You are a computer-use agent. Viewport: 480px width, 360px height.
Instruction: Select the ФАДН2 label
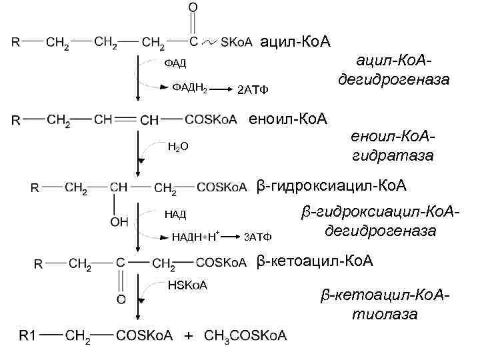pos(190,87)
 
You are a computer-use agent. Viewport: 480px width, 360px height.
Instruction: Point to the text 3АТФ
pos(258,237)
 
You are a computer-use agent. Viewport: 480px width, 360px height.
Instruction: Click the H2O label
pos(177,146)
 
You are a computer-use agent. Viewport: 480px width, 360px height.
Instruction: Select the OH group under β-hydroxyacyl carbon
pos(119,222)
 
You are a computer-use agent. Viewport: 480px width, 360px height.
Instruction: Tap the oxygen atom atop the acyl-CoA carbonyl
pos(193,7)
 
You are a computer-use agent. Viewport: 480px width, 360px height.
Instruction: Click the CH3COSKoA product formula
pos(246,335)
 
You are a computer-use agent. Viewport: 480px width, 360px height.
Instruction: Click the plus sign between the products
pos(189,335)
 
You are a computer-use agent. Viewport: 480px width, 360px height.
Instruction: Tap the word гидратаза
pos(393,156)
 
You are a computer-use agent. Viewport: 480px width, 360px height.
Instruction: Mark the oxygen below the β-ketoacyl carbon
pos(121,299)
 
